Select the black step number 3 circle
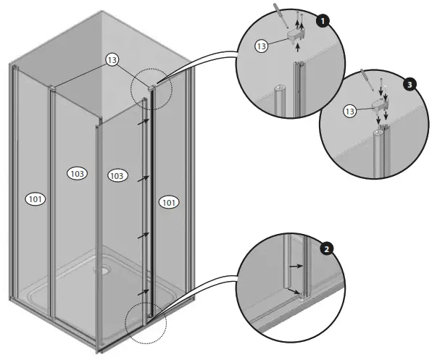click(411, 85)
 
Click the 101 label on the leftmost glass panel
click(35, 198)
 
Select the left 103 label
click(77, 173)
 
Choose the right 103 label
click(117, 175)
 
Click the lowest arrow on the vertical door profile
click(145, 292)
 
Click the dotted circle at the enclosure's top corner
click(151, 90)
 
